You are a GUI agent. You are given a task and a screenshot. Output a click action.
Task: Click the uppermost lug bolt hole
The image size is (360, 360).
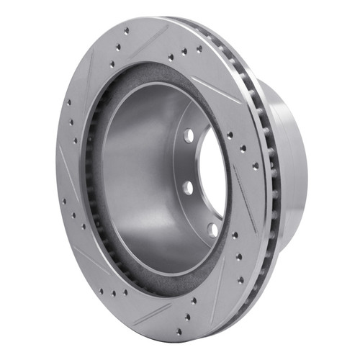(188, 135)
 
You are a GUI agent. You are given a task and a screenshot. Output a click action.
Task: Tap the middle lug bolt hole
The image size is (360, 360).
(188, 187)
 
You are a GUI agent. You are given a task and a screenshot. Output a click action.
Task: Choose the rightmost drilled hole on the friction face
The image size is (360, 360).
(255, 166)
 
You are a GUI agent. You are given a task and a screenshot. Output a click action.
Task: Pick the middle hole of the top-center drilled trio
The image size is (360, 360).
(184, 52)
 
